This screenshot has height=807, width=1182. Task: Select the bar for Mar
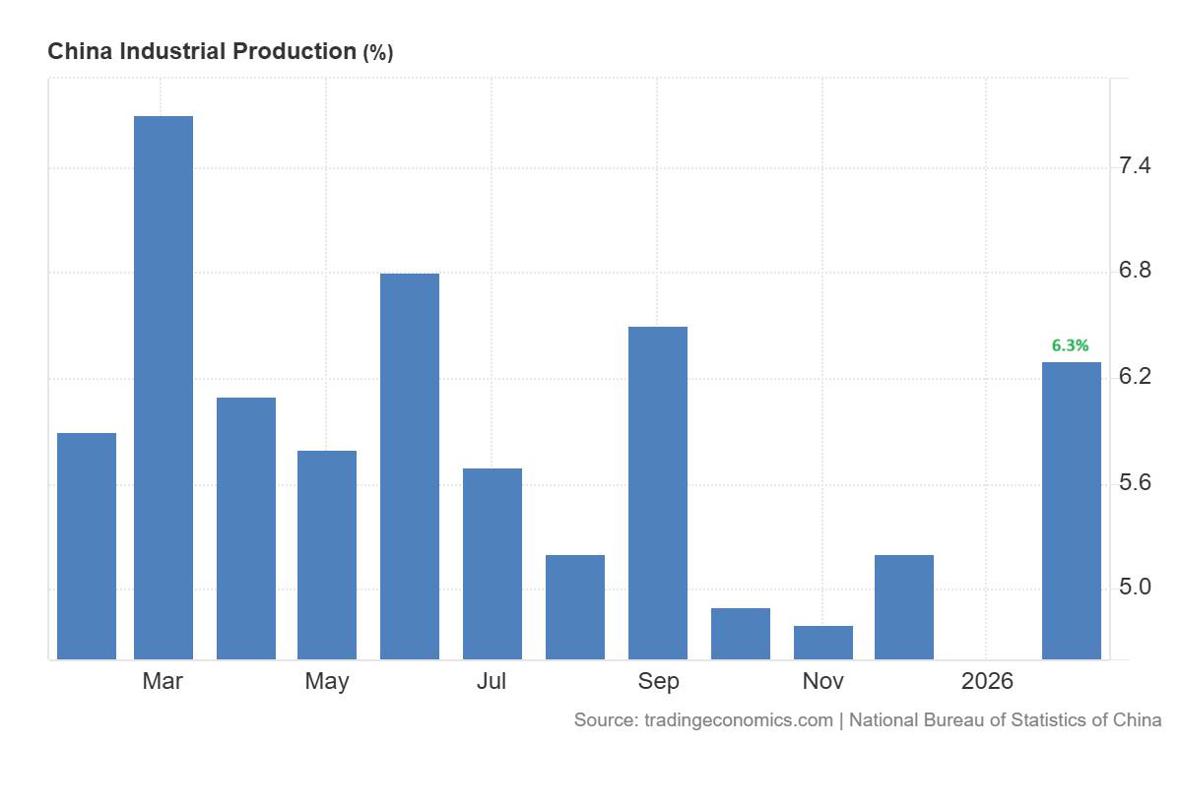tap(164, 388)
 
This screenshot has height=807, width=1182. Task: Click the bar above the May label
tap(327, 555)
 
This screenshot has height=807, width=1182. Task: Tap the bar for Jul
tap(492, 564)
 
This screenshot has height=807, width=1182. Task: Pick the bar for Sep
tap(658, 493)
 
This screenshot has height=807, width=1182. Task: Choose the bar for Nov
tap(823, 643)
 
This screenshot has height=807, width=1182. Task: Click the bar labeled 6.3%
tap(1072, 511)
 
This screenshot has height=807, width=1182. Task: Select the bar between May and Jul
tap(410, 466)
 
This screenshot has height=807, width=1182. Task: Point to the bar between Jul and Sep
tap(575, 607)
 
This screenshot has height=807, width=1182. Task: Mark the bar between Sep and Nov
tap(741, 634)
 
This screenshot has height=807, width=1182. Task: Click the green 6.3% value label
tap(1070, 345)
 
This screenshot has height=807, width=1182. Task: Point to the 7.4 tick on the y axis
tap(1136, 166)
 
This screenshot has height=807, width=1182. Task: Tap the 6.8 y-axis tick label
tap(1136, 272)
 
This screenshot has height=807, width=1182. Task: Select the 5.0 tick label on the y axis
tap(1136, 589)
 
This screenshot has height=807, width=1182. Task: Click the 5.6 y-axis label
tap(1136, 483)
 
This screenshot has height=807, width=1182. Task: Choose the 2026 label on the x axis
tap(987, 681)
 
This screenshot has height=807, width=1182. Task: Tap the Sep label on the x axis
tap(658, 681)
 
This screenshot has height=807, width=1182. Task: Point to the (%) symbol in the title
tap(378, 53)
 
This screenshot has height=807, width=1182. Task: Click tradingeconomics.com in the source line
tap(739, 720)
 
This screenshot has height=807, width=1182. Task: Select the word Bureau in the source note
tap(953, 720)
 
